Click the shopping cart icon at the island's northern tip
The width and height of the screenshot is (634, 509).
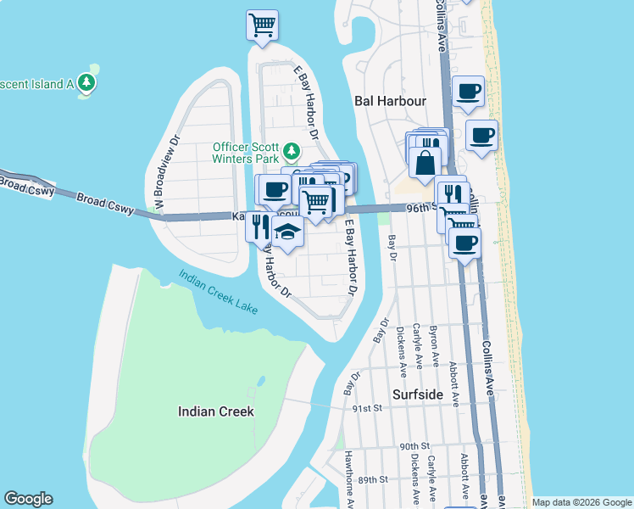click(x=262, y=24)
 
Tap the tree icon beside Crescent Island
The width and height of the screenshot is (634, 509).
click(x=86, y=83)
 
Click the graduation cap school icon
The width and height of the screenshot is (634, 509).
click(x=288, y=232)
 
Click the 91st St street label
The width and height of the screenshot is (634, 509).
click(x=367, y=408)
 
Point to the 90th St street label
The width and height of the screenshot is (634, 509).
click(x=415, y=446)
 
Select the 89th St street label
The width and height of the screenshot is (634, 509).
click(x=372, y=479)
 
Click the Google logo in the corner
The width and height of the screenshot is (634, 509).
click(x=29, y=499)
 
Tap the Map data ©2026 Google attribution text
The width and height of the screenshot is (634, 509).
click(x=581, y=502)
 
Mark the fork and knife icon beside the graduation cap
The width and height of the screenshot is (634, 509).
click(x=259, y=226)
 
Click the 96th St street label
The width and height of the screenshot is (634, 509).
click(x=420, y=206)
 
